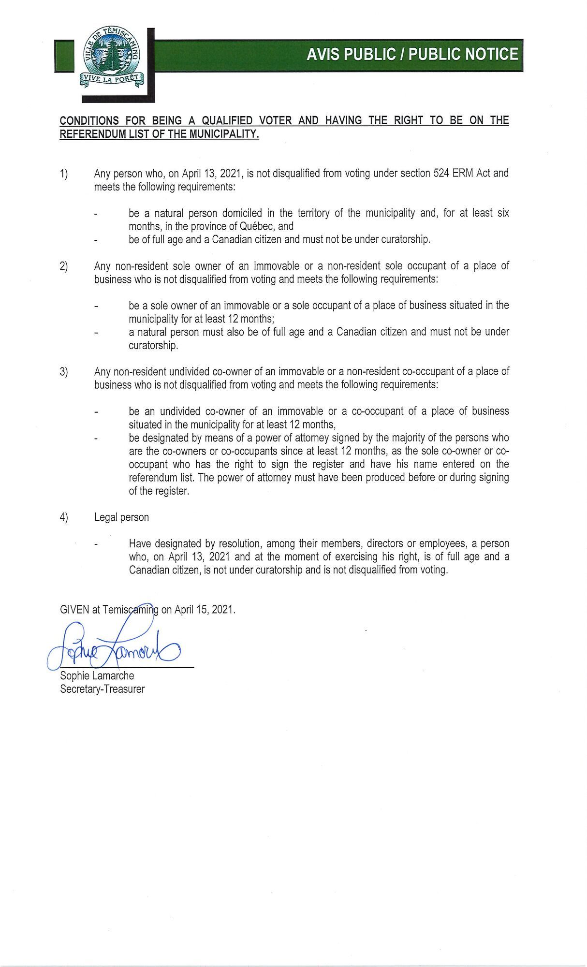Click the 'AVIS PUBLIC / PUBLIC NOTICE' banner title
(412, 54)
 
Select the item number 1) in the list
(64, 173)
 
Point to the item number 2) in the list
(64, 266)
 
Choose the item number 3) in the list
(64, 372)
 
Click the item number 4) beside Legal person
(64, 517)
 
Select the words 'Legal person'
(121, 517)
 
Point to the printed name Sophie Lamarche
(97, 675)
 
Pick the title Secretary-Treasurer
(102, 689)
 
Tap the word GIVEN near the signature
(74, 609)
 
